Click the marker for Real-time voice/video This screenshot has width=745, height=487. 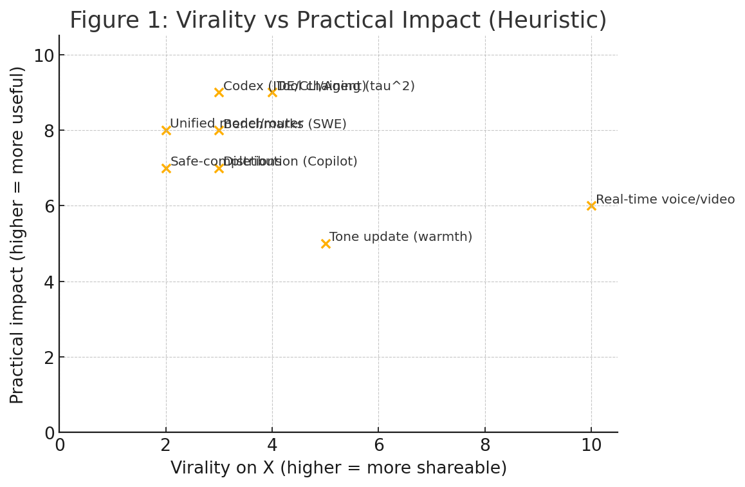[x=591, y=205]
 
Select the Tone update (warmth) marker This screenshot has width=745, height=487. [x=326, y=243]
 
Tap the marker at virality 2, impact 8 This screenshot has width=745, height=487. [x=166, y=130]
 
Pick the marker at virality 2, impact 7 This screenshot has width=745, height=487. [x=166, y=168]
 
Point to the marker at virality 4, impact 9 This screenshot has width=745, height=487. [x=272, y=92]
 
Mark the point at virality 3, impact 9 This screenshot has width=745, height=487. [x=219, y=92]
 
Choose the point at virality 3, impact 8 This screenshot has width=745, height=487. [x=219, y=130]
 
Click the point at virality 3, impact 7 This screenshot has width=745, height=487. [x=219, y=168]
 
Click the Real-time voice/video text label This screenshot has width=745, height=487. [x=665, y=200]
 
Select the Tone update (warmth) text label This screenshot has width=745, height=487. [x=400, y=237]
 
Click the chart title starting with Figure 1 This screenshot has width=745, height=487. [x=338, y=21]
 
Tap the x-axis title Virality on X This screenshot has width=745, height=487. [x=338, y=468]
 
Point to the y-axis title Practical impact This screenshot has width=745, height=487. [x=17, y=234]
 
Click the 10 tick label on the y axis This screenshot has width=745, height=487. [x=44, y=55]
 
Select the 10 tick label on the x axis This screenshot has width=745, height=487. [x=591, y=446]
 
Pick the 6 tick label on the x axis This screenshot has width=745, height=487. [x=378, y=446]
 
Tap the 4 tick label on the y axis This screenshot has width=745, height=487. [x=49, y=282]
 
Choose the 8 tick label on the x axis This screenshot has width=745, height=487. [x=485, y=446]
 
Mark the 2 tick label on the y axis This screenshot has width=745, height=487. [x=49, y=358]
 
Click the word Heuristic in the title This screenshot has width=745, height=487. [x=553, y=21]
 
